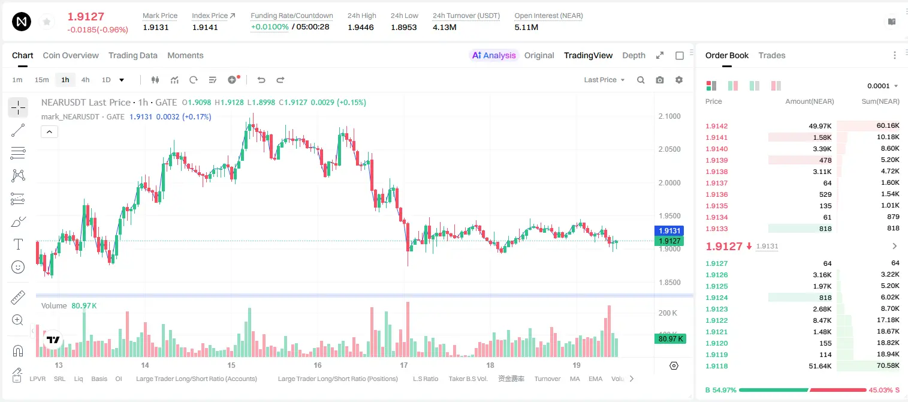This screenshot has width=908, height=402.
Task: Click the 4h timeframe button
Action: click(85, 80)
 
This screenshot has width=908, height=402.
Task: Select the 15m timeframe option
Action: click(42, 80)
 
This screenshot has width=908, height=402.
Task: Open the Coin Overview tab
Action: click(71, 55)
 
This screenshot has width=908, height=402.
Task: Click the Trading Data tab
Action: click(133, 55)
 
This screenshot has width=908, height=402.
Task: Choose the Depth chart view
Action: click(634, 55)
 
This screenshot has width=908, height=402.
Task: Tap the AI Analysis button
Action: click(494, 55)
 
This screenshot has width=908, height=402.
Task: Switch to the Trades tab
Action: click(772, 55)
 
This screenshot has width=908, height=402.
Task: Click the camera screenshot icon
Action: click(660, 80)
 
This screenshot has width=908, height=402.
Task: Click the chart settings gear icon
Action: click(679, 80)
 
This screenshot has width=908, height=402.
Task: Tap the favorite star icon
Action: click(47, 22)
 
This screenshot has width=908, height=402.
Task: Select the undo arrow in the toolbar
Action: click(261, 80)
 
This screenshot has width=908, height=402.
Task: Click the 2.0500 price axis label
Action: click(669, 149)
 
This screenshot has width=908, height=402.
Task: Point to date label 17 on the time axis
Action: click(404, 365)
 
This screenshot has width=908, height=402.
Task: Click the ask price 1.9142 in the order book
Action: click(716, 126)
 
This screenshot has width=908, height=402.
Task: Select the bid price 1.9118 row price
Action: click(716, 366)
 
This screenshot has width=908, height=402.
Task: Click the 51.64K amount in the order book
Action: click(820, 366)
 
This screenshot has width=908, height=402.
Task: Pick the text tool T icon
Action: click(18, 244)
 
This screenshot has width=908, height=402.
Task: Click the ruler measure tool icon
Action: click(18, 298)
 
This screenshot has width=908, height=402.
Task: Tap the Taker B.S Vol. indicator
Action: click(467, 379)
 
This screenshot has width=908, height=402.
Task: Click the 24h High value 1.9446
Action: click(360, 27)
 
